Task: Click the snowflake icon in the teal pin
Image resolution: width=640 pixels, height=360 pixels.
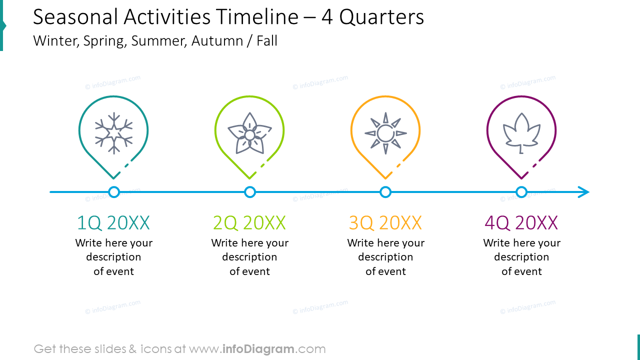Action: pos(114,132)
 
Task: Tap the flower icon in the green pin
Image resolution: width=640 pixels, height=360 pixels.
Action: pos(249,133)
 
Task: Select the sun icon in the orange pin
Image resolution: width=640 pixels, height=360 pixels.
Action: pos(385,133)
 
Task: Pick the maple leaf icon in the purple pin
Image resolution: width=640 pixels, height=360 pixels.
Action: pos(521,132)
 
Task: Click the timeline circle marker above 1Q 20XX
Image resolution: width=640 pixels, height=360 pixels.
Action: pos(114,192)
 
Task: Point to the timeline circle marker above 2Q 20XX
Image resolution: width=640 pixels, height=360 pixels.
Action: pos(250,192)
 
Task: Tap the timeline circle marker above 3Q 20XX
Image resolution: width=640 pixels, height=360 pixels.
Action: pos(385,192)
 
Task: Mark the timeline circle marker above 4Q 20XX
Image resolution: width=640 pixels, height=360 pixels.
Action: pos(521,192)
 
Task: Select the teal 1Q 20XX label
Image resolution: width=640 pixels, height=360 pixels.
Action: pos(113,223)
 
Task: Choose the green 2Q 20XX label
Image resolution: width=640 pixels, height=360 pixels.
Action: pos(249,223)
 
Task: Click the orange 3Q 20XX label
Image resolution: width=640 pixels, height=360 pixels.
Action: pos(385,223)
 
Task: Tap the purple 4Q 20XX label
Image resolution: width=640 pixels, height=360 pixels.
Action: pos(521,223)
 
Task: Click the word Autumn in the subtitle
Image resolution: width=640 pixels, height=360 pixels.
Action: pos(217,41)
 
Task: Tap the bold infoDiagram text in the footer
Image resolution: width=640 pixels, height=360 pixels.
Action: pos(257,349)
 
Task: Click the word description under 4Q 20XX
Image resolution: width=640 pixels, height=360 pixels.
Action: pos(521,257)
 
